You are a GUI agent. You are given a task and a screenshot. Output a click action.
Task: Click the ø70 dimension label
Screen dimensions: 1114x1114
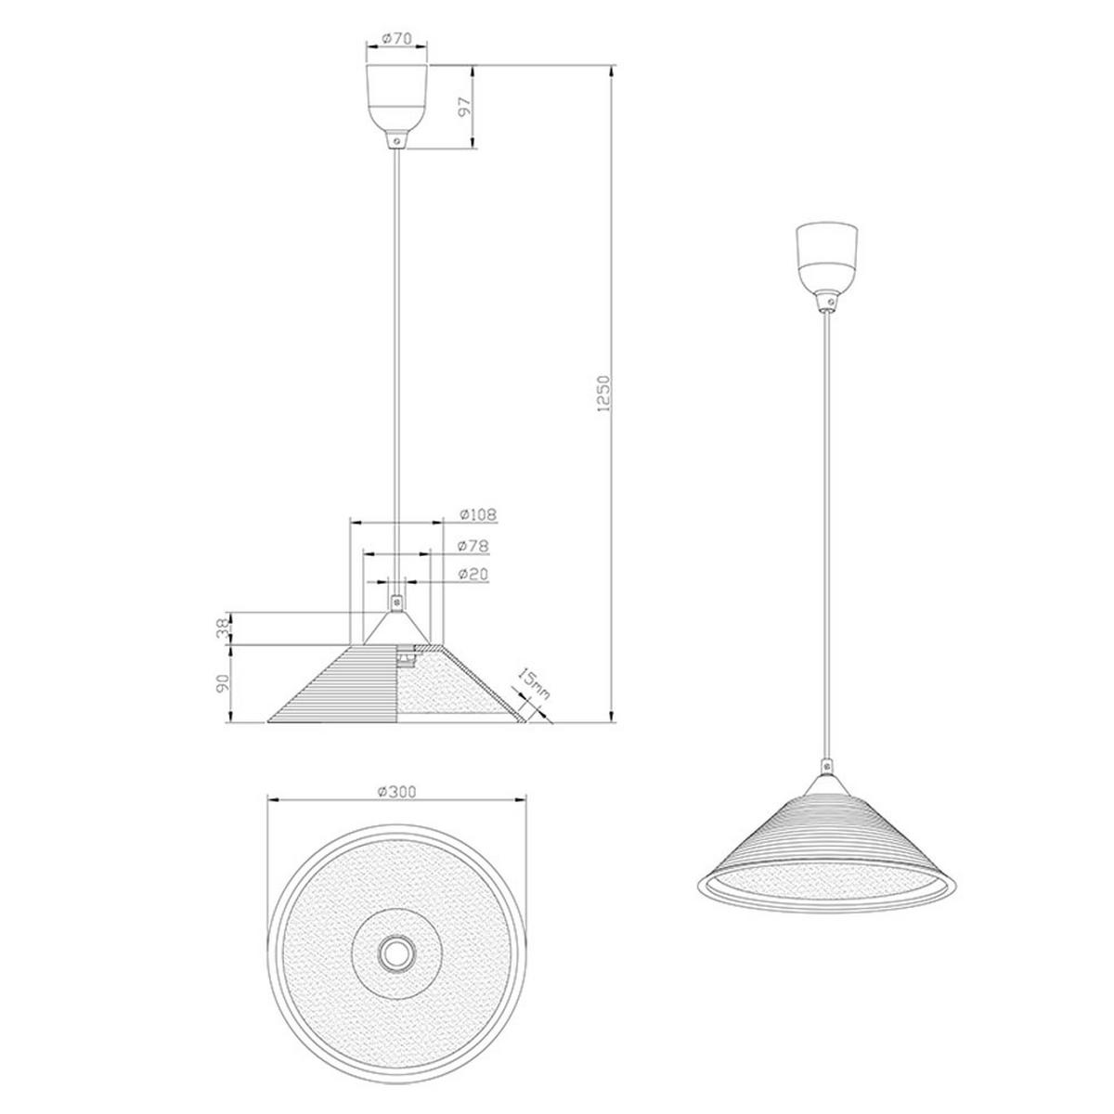pyautogui.click(x=396, y=41)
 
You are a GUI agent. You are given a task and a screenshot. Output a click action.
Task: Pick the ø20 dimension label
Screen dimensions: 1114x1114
pyautogui.click(x=474, y=575)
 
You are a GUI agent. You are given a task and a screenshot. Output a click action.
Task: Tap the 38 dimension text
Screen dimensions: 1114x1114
pyautogui.click(x=222, y=628)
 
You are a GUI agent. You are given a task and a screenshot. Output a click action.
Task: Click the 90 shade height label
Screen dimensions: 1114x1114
pyautogui.click(x=222, y=684)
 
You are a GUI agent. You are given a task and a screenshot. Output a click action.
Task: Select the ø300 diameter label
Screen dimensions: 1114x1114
pyautogui.click(x=396, y=791)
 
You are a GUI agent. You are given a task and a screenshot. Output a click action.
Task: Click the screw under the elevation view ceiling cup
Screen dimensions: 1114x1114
pyautogui.click(x=397, y=139)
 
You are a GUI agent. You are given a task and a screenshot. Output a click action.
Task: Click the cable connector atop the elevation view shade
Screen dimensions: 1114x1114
pyautogui.click(x=397, y=602)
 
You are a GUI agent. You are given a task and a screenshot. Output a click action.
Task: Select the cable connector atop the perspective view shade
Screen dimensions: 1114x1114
pyautogui.click(x=825, y=769)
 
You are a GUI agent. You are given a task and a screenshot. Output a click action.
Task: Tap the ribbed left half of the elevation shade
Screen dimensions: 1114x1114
pyautogui.click(x=343, y=687)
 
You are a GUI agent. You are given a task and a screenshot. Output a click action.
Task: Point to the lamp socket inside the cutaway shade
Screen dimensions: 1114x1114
pyautogui.click(x=406, y=656)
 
